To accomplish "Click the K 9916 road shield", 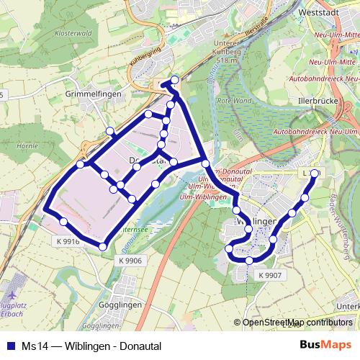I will click(x=67, y=243).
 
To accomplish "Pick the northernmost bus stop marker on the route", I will click(x=174, y=81).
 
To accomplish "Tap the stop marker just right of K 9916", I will click(x=103, y=247).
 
